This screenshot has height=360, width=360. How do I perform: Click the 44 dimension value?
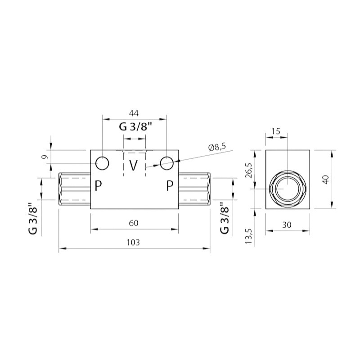tap(134, 113)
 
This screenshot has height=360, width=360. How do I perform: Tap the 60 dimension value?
tap(134, 223)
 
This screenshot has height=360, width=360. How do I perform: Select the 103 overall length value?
tap(133, 242)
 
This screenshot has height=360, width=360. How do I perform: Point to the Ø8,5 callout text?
tap(217, 147)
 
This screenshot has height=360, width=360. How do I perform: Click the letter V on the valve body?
tap(133, 165)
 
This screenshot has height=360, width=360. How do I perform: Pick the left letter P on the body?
tap(98, 185)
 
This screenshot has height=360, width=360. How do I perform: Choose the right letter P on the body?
tap(170, 185)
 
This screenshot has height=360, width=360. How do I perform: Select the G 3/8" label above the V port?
tap(136, 126)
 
